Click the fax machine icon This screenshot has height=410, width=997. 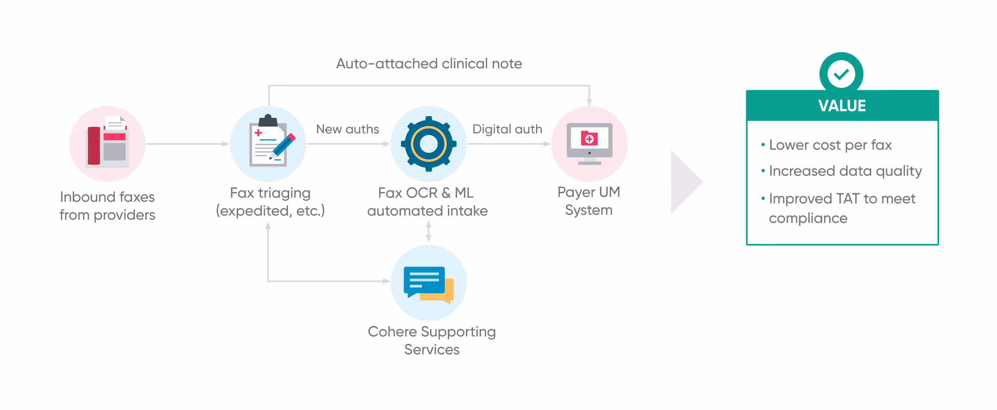pyautogui.click(x=107, y=143)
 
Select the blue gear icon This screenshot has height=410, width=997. pyautogui.click(x=428, y=144)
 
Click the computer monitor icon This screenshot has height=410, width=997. pyautogui.click(x=589, y=144)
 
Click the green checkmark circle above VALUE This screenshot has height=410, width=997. pyautogui.click(x=841, y=74)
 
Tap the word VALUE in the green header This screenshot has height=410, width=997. pyautogui.click(x=842, y=106)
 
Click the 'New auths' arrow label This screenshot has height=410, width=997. pyautogui.click(x=347, y=129)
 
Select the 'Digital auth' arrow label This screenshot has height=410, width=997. pyautogui.click(x=507, y=129)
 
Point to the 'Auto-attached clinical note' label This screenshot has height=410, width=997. pyautogui.click(x=429, y=64)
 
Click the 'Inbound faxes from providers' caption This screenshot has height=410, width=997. pyautogui.click(x=108, y=206)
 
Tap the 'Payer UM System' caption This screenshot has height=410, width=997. pyautogui.click(x=589, y=201)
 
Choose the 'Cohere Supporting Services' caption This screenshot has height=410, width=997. pyautogui.click(x=432, y=340)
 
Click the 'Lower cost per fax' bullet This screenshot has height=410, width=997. pyautogui.click(x=830, y=145)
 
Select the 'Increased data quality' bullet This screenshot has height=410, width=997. pyautogui.click(x=845, y=171)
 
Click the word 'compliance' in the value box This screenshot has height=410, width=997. pyautogui.click(x=808, y=218)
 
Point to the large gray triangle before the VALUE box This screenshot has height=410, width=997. pyautogui.click(x=684, y=182)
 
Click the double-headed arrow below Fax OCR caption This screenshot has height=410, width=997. pyautogui.click(x=428, y=231)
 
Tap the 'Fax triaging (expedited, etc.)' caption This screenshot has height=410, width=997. pyautogui.click(x=270, y=202)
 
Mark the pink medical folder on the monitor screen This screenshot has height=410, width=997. pyautogui.click(x=589, y=138)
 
